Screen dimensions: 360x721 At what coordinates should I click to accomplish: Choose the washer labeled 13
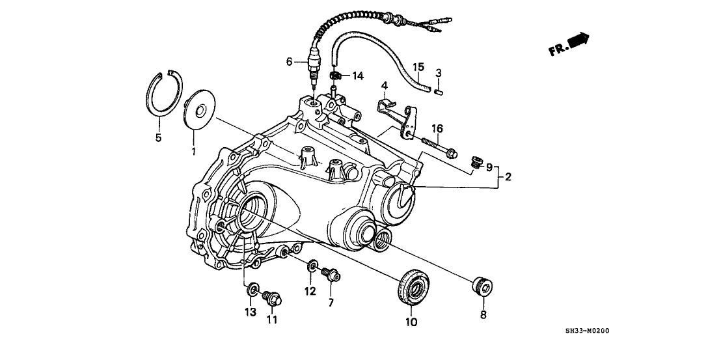coord(252,286)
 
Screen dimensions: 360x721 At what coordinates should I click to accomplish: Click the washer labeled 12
coord(313,265)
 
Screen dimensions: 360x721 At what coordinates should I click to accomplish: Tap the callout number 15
coord(419,66)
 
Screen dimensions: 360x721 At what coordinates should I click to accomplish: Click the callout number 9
coord(490,167)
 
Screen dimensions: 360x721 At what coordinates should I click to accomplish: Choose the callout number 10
coord(412,322)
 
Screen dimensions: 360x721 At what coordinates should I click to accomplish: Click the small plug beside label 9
coord(476,160)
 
